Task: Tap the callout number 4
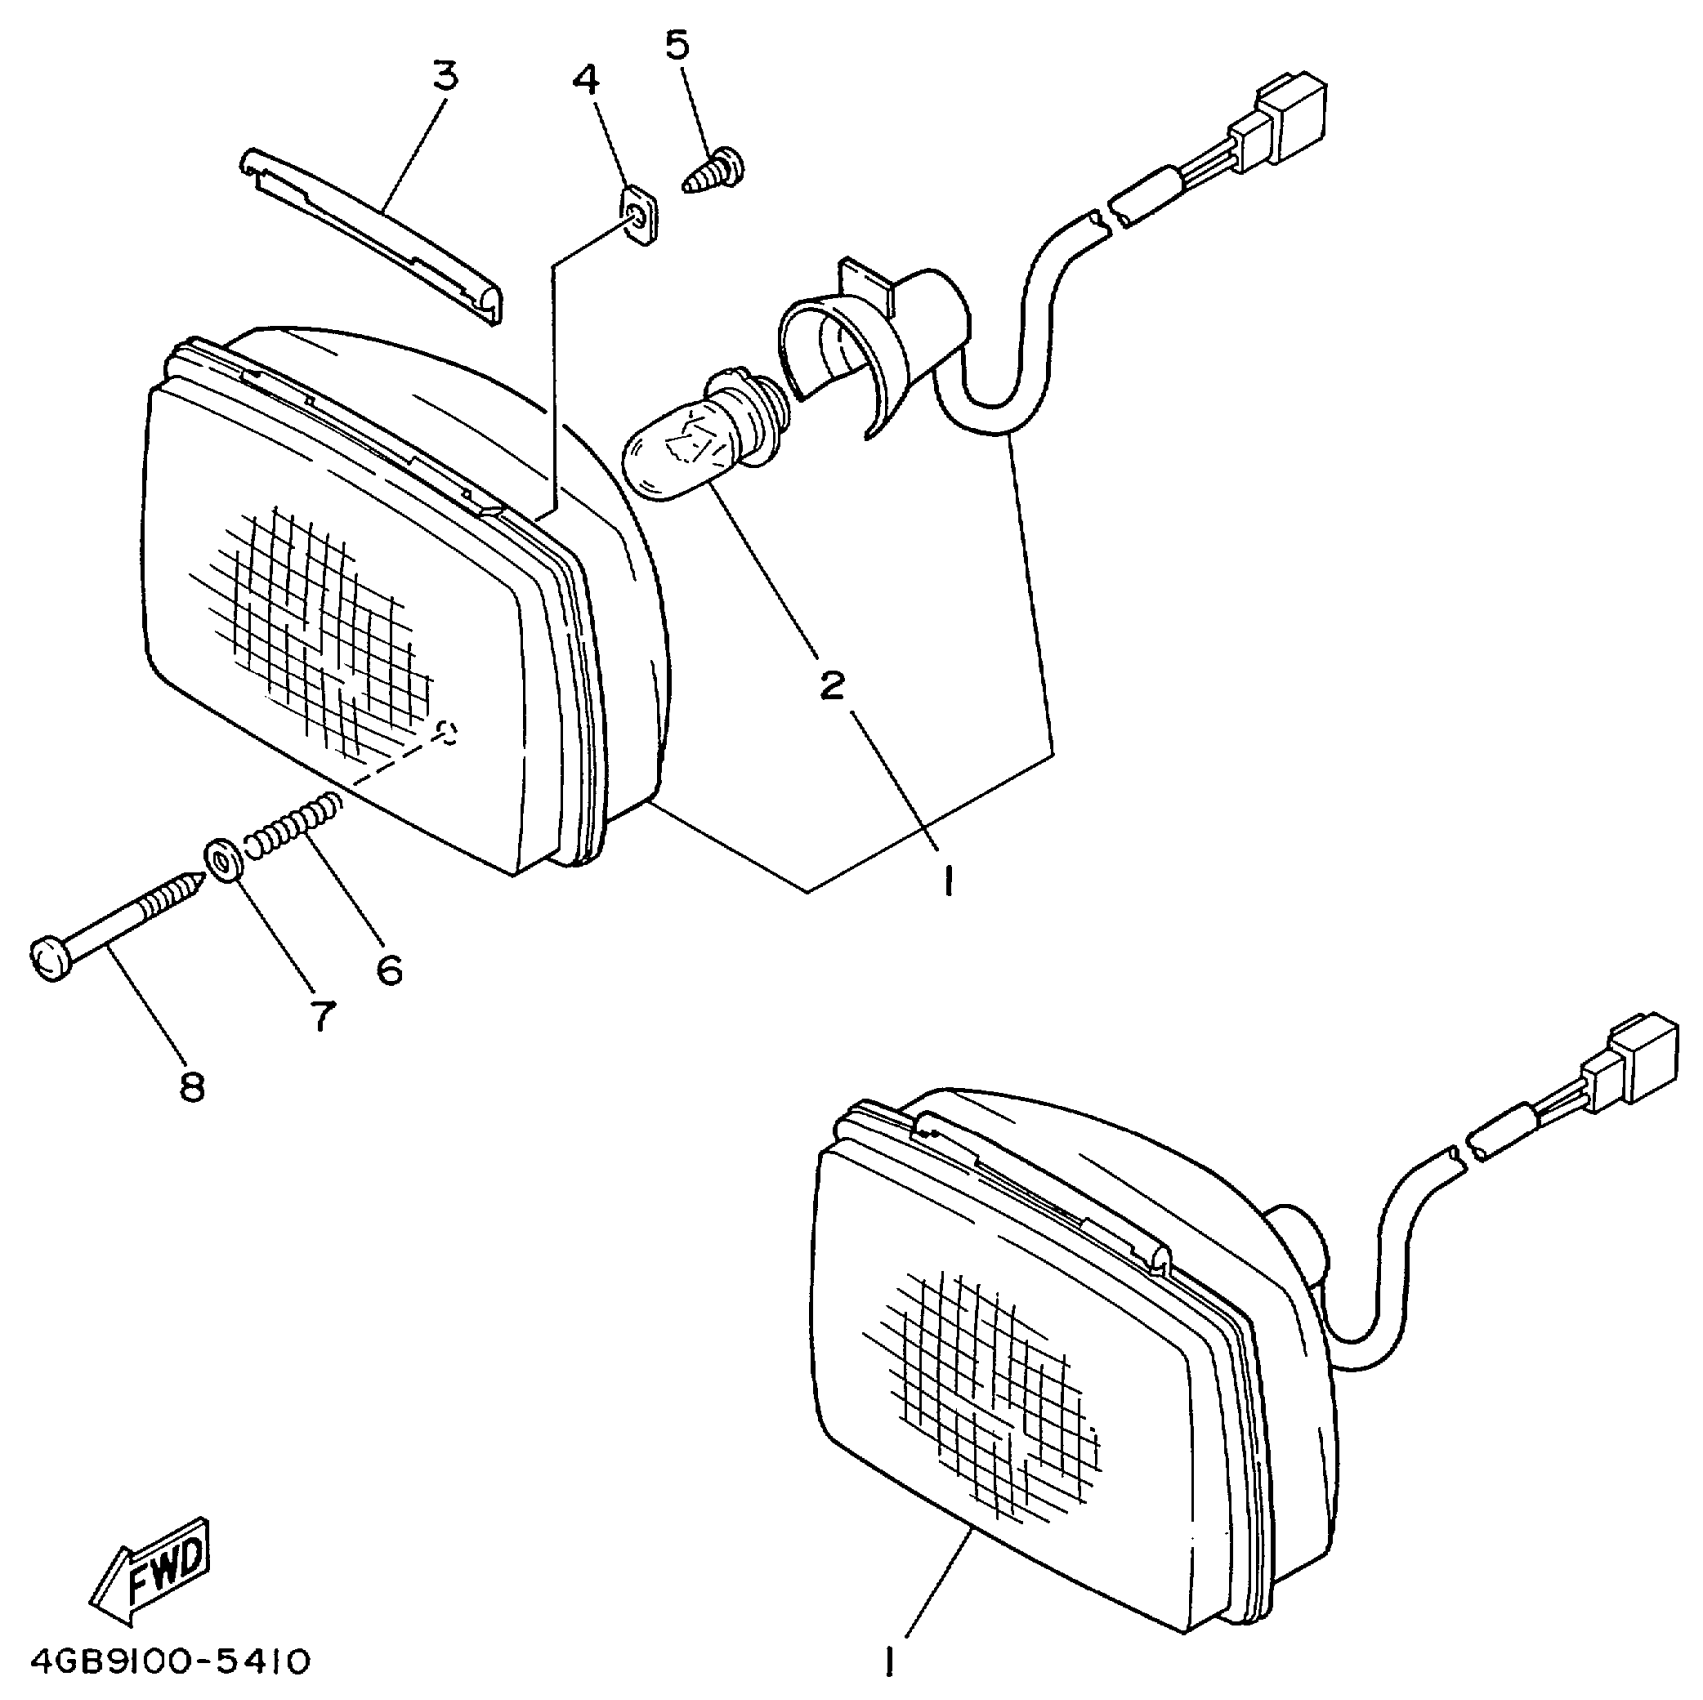click(588, 80)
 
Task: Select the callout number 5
click(678, 46)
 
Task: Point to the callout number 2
click(832, 686)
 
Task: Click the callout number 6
click(389, 968)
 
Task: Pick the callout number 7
click(321, 1016)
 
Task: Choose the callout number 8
click(192, 1086)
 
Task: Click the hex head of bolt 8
click(50, 958)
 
